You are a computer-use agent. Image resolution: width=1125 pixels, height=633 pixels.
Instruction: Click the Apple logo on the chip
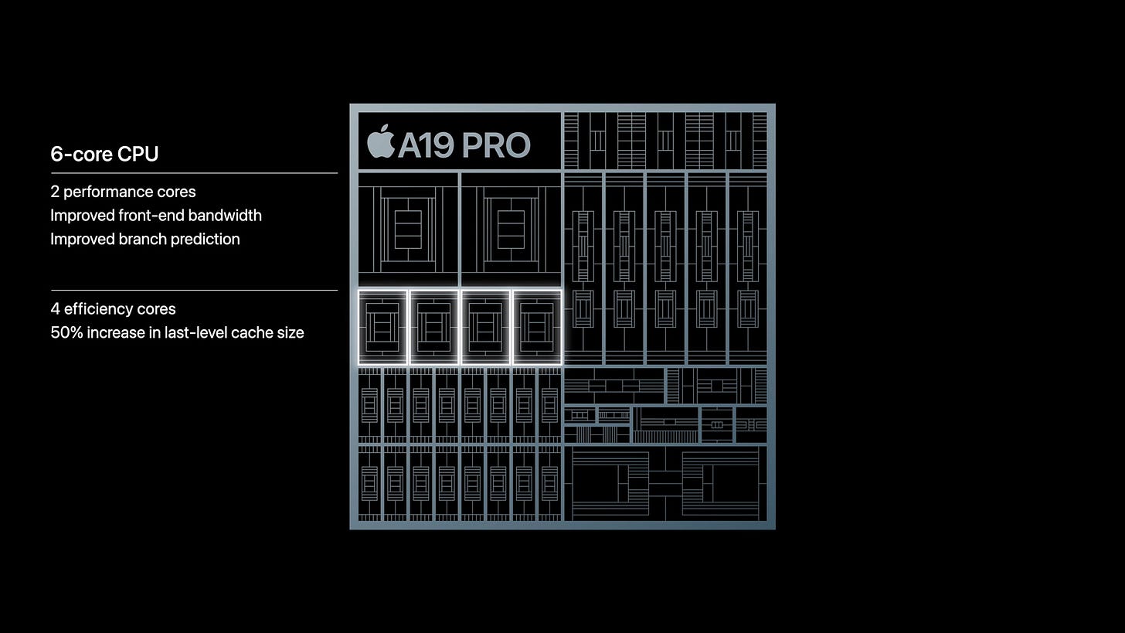[380, 142]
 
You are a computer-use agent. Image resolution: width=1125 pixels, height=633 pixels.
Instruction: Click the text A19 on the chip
[426, 145]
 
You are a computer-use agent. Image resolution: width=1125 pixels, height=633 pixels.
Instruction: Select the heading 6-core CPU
[104, 154]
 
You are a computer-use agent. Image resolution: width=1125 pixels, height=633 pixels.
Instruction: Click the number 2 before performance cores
[55, 192]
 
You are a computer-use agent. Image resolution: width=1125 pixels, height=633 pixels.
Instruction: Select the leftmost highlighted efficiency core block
[382, 327]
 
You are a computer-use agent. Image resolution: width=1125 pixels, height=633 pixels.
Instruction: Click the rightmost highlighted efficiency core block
[537, 327]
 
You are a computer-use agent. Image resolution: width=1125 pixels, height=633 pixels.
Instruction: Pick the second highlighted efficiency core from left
[433, 327]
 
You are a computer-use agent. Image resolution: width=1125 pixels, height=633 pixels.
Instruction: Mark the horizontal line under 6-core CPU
[193, 173]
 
